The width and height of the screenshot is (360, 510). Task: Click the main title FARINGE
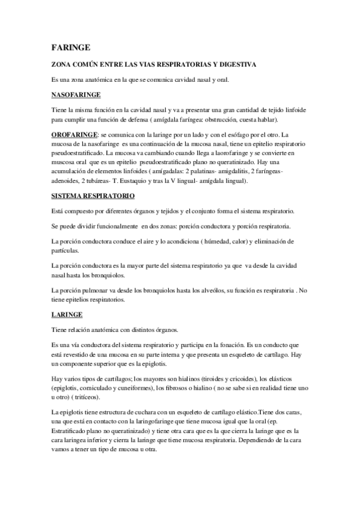tap(71, 48)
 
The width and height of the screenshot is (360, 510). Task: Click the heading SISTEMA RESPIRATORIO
tap(93, 197)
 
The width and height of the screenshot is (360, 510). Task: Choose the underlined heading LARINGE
tap(67, 314)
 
